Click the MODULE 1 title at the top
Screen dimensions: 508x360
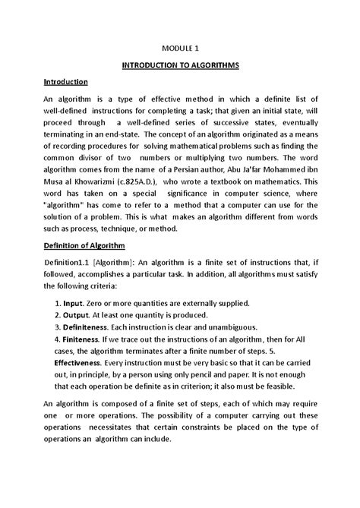click(181, 47)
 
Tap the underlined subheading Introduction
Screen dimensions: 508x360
click(65, 81)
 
